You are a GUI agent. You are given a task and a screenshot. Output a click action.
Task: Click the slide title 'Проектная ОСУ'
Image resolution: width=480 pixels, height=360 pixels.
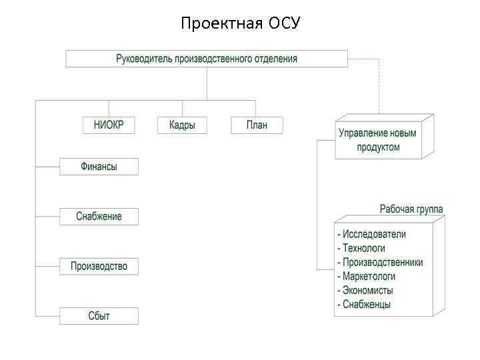pyautogui.click(x=241, y=24)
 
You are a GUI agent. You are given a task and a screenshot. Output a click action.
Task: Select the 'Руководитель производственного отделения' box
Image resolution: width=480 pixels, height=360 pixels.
pyautogui.click(x=207, y=59)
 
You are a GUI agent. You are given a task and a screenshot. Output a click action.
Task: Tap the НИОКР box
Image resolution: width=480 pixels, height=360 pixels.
pyautogui.click(x=109, y=125)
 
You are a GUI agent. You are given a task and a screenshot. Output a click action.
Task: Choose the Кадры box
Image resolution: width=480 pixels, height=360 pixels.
pyautogui.click(x=182, y=125)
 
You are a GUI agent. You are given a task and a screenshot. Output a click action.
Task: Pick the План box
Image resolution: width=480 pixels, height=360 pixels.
pyautogui.click(x=257, y=125)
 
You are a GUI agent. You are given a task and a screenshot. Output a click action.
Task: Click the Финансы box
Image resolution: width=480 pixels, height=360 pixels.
pyautogui.click(x=99, y=167)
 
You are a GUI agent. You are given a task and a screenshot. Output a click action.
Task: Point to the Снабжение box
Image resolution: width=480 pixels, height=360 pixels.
pyautogui.click(x=99, y=217)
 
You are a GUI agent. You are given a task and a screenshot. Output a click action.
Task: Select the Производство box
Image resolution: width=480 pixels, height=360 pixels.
pyautogui.click(x=99, y=267)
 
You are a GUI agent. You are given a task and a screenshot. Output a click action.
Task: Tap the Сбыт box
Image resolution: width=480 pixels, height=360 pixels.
pyautogui.click(x=99, y=316)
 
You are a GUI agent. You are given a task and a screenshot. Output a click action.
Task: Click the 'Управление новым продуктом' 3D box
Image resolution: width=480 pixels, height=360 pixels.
pyautogui.click(x=378, y=140)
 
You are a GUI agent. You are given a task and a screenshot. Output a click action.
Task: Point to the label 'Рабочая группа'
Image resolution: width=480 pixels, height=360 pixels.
pyautogui.click(x=411, y=209)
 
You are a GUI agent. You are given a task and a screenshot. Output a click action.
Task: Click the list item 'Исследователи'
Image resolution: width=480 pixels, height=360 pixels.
pyautogui.click(x=374, y=234)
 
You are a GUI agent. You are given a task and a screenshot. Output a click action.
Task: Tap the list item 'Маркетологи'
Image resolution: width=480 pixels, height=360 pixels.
pyautogui.click(x=369, y=276)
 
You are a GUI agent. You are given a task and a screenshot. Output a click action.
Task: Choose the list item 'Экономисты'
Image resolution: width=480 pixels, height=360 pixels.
pyautogui.click(x=367, y=291)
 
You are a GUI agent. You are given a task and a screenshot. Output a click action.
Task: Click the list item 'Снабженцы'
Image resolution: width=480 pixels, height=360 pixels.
pyautogui.click(x=366, y=305)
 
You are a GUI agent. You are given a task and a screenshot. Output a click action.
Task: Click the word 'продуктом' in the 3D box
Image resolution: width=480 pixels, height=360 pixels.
pyautogui.click(x=378, y=147)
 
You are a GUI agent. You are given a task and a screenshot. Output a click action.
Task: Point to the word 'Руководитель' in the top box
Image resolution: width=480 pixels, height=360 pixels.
pyautogui.click(x=144, y=59)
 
